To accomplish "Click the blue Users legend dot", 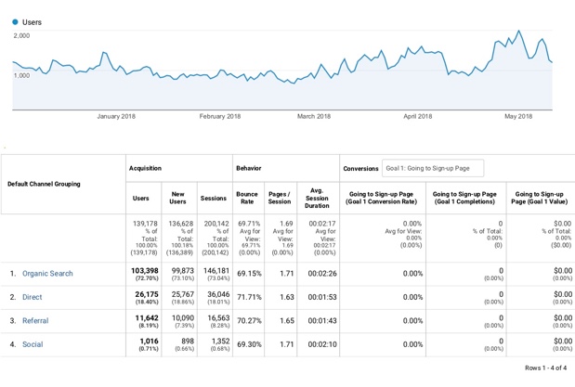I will click(16, 22).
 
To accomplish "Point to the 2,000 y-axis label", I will click(21, 36).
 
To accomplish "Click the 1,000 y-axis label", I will click(21, 75).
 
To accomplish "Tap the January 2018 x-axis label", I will click(116, 116).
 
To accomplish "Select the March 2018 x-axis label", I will click(314, 116).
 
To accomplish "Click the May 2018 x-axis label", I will click(517, 116).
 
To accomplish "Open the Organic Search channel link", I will click(47, 274).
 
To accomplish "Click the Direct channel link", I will click(32, 298).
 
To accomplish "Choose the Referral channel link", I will click(35, 321).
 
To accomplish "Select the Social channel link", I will click(33, 344).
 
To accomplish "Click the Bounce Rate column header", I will click(247, 198).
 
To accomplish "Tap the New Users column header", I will click(177, 198).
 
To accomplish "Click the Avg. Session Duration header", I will click(317, 198).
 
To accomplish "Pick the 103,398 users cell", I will click(141, 269).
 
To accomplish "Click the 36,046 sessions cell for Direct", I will click(214, 293).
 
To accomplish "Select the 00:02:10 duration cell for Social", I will click(317, 344).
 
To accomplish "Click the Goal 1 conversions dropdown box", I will click(433, 168).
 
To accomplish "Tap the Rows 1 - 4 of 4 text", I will click(545, 368).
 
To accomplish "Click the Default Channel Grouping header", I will click(44, 184).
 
